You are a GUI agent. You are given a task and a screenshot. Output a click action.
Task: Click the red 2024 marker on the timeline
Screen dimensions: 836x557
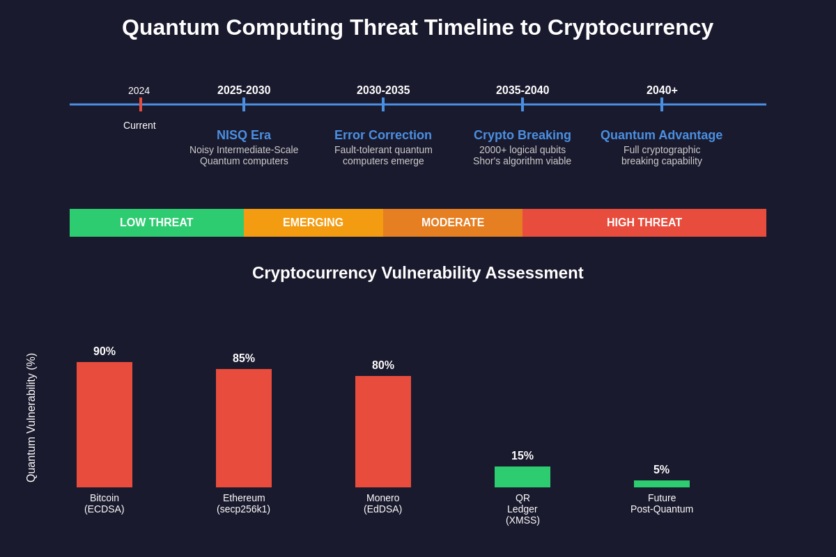click(141, 104)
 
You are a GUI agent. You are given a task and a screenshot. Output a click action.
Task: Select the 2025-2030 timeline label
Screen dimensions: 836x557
click(244, 91)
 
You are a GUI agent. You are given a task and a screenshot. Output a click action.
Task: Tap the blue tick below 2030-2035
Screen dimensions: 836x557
click(383, 104)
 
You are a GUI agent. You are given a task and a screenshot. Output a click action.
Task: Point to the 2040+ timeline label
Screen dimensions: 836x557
click(662, 91)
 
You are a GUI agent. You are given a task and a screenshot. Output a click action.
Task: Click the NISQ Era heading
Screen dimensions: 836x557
click(244, 135)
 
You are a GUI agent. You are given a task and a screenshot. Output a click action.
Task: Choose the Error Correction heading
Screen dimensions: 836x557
click(383, 135)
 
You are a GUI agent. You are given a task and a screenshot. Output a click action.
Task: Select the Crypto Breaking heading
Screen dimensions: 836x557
click(522, 135)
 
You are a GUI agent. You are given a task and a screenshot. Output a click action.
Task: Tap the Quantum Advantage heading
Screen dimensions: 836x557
click(661, 135)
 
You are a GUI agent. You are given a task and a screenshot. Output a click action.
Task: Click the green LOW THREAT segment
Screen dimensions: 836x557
click(157, 223)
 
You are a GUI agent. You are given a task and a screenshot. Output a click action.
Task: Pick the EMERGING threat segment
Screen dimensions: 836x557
click(313, 223)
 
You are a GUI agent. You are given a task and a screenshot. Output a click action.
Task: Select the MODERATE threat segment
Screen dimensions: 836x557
click(453, 223)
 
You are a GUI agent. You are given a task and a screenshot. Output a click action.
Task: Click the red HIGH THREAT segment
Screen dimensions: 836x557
click(644, 223)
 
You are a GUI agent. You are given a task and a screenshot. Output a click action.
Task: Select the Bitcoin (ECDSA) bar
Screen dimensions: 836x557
click(104, 425)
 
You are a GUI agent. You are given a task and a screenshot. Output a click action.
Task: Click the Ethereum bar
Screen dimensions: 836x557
click(244, 428)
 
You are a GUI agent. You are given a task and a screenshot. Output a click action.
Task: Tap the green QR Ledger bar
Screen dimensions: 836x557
click(522, 477)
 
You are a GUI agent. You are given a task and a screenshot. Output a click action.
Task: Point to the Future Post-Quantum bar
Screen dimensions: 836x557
click(662, 484)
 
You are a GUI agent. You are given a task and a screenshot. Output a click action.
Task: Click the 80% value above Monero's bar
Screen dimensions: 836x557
click(383, 366)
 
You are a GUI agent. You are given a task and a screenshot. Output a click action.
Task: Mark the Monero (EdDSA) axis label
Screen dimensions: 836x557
click(383, 503)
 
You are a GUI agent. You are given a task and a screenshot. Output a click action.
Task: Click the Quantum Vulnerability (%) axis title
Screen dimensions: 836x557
click(31, 418)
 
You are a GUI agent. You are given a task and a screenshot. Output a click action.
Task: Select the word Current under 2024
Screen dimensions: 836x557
click(139, 125)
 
